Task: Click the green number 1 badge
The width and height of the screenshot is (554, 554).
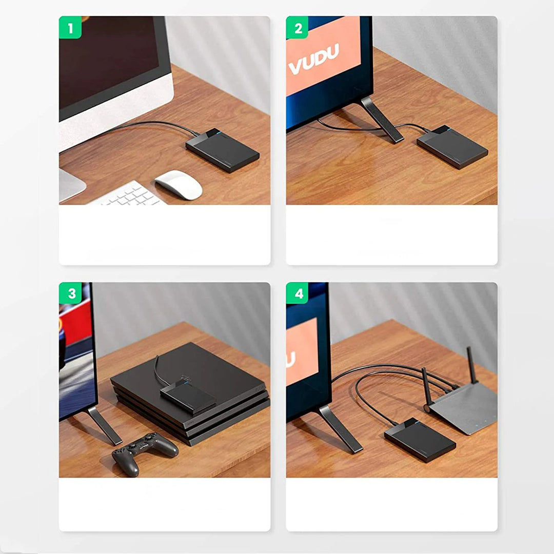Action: point(70,27)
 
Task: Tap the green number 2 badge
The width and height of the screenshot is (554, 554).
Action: point(297,27)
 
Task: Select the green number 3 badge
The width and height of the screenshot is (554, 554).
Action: point(70,293)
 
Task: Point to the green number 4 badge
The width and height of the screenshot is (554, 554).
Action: point(297,293)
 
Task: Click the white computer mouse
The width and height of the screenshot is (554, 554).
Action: point(179,185)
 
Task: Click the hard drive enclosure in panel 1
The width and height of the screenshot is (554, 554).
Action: point(223,150)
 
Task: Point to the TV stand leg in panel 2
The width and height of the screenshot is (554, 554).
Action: point(382,120)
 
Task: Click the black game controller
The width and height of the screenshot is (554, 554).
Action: point(145,453)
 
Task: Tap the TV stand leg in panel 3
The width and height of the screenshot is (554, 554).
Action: point(104,425)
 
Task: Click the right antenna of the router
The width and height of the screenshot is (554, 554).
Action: point(472,365)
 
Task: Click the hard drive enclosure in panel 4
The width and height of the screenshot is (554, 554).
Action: point(420,440)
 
